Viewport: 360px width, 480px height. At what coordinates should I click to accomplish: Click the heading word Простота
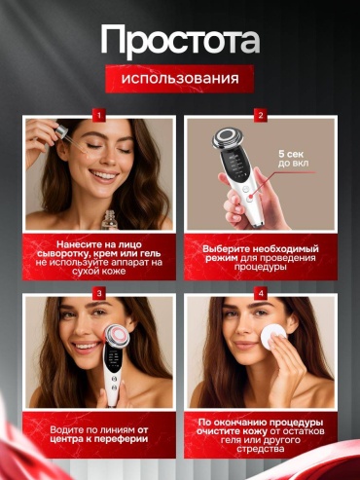click(180, 41)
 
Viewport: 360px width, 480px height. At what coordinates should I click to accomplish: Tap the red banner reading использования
click(180, 79)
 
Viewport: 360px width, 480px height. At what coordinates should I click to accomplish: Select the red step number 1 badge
click(99, 115)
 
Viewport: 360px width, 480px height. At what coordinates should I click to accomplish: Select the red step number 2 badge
click(261, 115)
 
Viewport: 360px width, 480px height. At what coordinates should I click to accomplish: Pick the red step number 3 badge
click(99, 294)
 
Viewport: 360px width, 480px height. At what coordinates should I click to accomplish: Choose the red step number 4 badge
click(261, 294)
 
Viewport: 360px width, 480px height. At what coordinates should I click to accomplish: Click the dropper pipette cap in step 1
click(61, 131)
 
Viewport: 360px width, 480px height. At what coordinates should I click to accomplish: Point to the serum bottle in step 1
click(110, 220)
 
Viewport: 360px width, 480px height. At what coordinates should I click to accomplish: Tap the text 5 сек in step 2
click(291, 154)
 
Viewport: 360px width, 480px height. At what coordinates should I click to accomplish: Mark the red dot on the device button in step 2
click(251, 197)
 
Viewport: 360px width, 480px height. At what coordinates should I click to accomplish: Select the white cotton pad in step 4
click(273, 337)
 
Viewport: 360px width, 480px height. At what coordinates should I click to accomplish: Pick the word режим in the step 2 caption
click(222, 258)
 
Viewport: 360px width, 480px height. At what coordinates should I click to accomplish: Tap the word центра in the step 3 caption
click(66, 439)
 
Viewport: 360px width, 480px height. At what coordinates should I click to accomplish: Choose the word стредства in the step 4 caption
click(261, 449)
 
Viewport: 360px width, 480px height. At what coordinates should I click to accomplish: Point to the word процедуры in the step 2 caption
click(261, 267)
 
